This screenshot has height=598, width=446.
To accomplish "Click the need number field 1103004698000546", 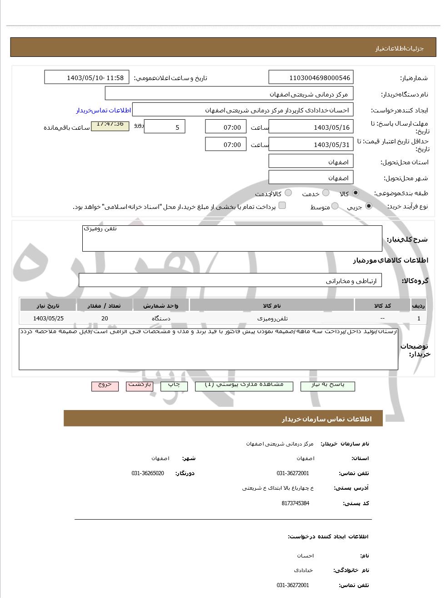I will click(311, 77).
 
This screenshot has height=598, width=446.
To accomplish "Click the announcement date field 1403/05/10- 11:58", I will click(87, 77).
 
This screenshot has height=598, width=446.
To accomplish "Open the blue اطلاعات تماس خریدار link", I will click(103, 111).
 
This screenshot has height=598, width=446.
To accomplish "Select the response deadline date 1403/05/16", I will click(311, 127).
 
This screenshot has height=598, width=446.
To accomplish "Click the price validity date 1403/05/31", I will click(311, 145).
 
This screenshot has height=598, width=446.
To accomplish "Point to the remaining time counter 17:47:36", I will click(104, 125).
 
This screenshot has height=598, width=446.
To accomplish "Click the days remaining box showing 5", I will click(165, 127).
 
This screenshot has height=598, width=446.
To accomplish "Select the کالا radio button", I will click(355, 193).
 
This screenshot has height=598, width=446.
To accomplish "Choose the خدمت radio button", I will click(326, 193).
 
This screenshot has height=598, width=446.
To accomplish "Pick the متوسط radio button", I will click(335, 206).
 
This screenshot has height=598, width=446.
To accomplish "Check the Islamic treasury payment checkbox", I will click(282, 206).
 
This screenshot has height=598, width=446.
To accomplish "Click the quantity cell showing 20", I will click(105, 318).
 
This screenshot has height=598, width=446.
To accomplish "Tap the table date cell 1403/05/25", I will click(49, 318).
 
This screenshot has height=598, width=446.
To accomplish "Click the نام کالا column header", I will click(272, 305).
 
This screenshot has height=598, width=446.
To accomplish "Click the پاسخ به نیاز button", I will click(327, 385).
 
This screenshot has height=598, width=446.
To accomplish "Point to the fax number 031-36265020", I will click(148, 473).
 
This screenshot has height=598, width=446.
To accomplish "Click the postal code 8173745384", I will click(296, 503).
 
